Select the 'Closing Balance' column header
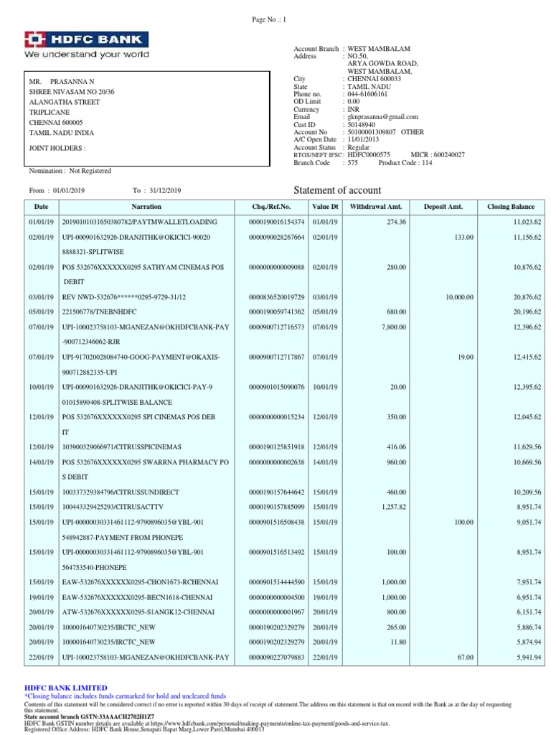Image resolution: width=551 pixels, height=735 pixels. [x=510, y=207]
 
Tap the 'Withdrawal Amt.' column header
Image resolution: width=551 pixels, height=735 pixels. [x=375, y=207]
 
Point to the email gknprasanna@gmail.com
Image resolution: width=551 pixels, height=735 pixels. [x=382, y=116]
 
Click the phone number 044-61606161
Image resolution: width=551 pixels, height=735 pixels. [x=367, y=93]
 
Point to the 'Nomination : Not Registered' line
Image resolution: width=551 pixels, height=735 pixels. [x=70, y=171]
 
